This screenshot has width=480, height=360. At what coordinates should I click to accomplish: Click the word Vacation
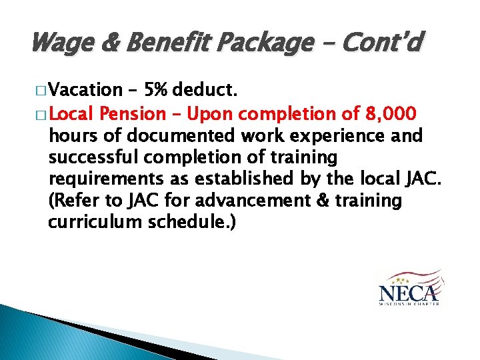pyautogui.click(x=85, y=90)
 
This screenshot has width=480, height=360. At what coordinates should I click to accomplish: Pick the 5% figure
pyautogui.click(x=157, y=90)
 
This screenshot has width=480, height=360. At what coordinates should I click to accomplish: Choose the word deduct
pyautogui.click(x=205, y=90)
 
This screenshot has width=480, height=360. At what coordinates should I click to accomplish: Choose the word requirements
pyautogui.click(x=101, y=179)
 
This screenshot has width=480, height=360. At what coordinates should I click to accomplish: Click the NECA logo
pyautogui.click(x=409, y=287)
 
